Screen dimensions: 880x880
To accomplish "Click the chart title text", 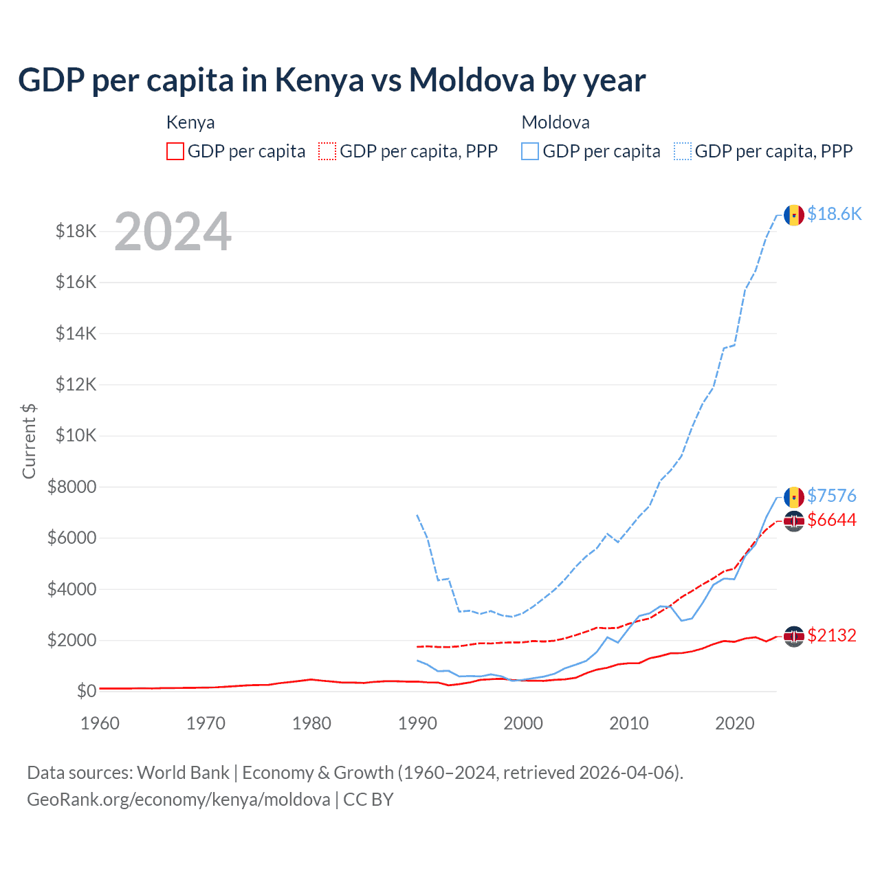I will coord(331,80).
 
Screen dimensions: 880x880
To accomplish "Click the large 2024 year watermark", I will coord(173,232).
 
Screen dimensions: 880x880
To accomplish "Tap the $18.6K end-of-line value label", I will coord(834,214).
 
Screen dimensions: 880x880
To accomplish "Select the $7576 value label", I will coord(832,496).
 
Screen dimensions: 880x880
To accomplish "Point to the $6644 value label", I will coord(832,520).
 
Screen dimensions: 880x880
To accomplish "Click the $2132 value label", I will coord(832,635).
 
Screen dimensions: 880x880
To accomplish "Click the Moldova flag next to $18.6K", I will coord(794,215).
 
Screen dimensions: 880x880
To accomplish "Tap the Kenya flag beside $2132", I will coord(794,637).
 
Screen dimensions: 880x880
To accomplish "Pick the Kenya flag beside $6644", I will coord(794,521).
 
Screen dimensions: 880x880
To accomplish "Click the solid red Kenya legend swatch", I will coord(175,151).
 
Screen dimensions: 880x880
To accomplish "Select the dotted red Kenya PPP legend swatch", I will coord(327,151).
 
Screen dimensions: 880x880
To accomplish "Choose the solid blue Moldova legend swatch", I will coord(530,151).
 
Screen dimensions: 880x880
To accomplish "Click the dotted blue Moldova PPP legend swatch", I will coord(683,151).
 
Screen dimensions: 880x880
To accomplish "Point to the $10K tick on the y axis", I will coord(76,436).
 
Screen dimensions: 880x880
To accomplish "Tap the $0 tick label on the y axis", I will coord(87,691).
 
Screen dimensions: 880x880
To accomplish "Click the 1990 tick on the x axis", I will coord(417,723).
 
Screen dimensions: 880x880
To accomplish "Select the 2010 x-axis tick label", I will coord(629,723).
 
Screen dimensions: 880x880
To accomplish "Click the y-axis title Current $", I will coord(29,441).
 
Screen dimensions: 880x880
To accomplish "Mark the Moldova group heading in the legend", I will coord(555,122).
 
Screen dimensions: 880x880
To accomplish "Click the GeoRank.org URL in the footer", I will coord(179,800).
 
